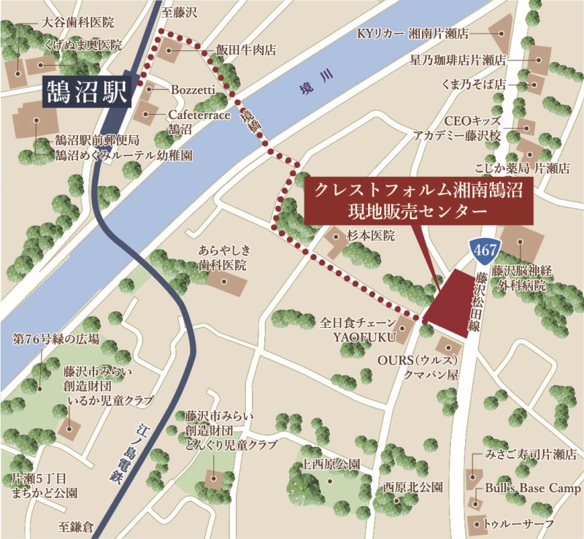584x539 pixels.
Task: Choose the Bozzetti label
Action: coord(192,89)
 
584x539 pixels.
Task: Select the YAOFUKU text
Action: coord(364,337)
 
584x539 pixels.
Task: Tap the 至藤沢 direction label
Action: coord(180,12)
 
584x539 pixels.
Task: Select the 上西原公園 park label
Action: coord(331,464)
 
